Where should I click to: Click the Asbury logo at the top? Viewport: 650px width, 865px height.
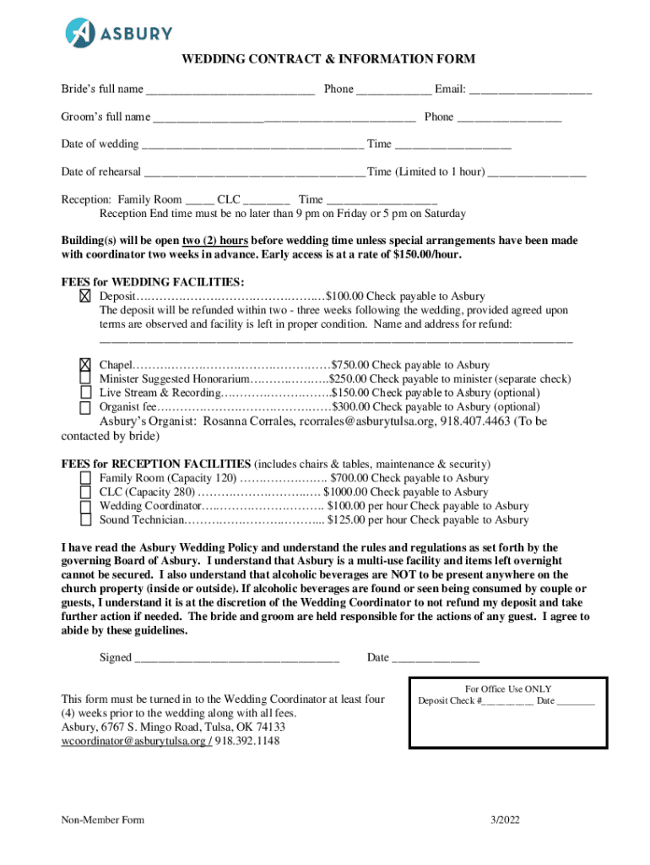coord(119,33)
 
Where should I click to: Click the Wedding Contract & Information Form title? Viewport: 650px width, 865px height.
coord(328,59)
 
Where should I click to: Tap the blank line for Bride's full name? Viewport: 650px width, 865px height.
coord(230,90)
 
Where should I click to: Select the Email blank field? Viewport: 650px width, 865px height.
coord(529,90)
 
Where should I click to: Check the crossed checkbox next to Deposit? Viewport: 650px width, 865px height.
coord(85,296)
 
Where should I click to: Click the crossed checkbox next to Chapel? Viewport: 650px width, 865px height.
coord(85,365)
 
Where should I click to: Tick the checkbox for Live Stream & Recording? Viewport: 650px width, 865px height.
coord(85,393)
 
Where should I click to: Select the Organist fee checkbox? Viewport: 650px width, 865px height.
coord(85,407)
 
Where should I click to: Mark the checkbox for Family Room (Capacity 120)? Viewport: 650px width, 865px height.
coord(85,478)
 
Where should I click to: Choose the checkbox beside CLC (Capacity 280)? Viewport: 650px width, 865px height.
coord(85,492)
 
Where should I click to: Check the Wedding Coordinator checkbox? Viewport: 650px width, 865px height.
coord(85,507)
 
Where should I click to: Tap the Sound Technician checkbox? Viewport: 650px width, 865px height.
coord(85,521)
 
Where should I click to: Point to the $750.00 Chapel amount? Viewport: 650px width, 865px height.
coord(350,366)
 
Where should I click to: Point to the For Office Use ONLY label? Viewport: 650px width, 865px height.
coord(508,689)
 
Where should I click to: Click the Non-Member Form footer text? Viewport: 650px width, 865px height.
coord(102,820)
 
